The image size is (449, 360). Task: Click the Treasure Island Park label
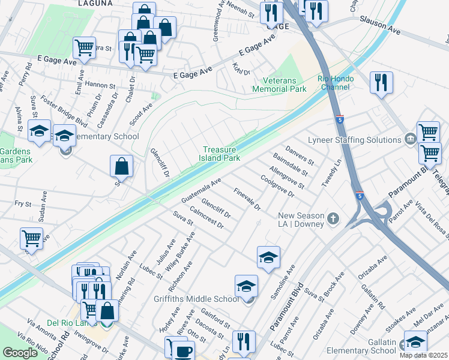click(x=221, y=154)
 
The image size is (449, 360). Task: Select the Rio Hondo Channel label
click(x=336, y=83)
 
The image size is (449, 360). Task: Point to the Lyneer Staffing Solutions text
click(x=354, y=140)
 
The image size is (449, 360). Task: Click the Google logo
click(x=20, y=352)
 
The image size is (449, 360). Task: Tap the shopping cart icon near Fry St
click(x=31, y=238)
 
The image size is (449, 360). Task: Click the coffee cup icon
click(x=183, y=351)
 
